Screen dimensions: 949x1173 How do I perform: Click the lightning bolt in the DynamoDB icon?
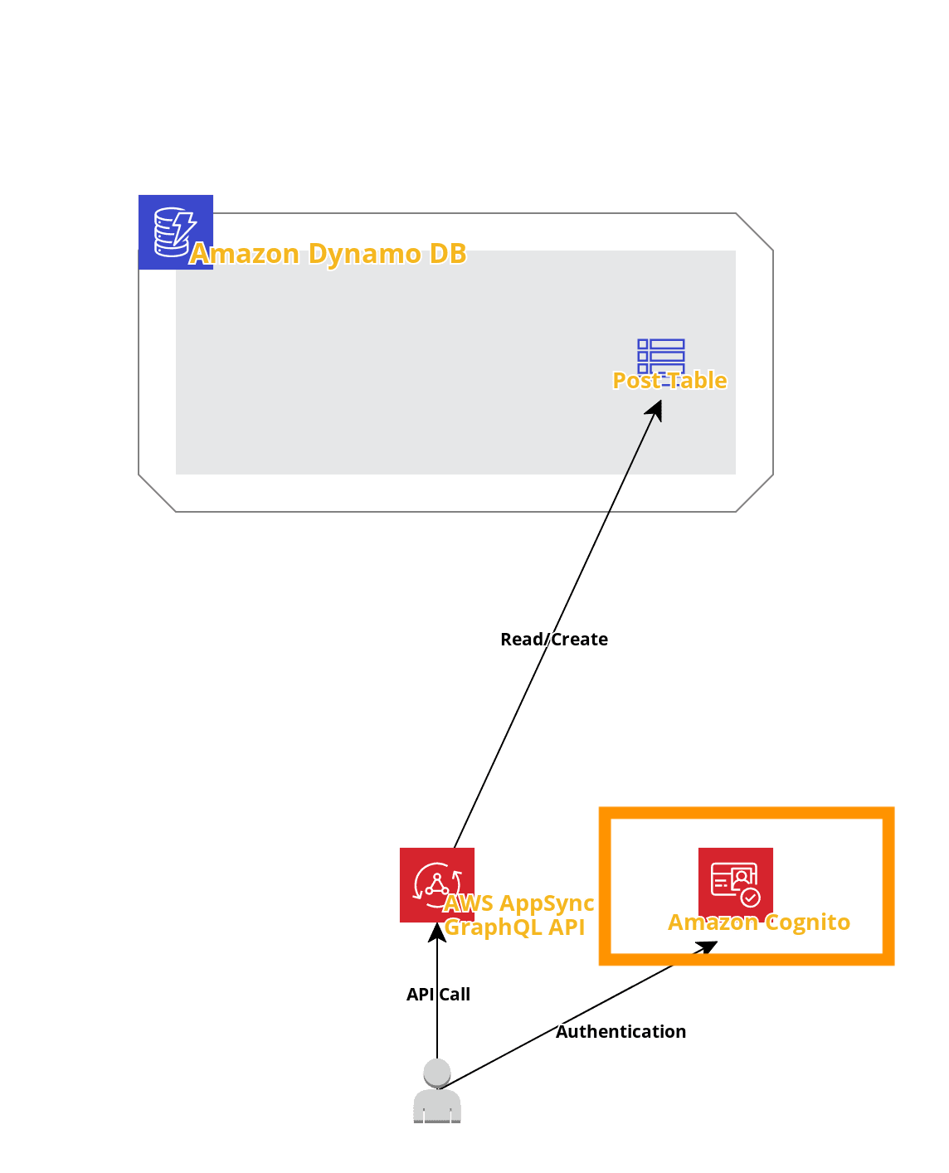pyautogui.click(x=182, y=226)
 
